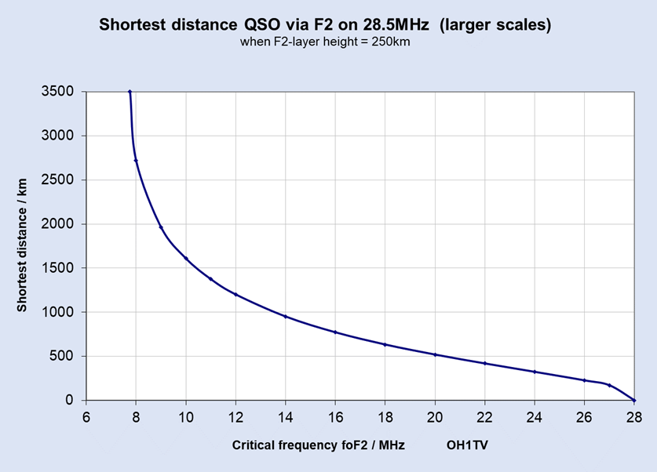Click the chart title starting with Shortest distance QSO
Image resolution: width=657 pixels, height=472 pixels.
click(x=325, y=25)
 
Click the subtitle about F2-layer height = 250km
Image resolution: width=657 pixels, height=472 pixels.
click(x=325, y=42)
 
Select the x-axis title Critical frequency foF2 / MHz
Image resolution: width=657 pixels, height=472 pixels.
click(x=319, y=445)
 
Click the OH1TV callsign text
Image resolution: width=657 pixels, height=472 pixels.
click(x=468, y=445)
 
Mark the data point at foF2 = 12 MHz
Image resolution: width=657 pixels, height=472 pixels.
click(x=235, y=295)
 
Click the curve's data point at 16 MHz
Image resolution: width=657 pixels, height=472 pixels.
click(x=335, y=332)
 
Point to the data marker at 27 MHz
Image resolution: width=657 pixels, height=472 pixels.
click(x=609, y=385)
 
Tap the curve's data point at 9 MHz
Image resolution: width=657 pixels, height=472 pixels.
click(x=161, y=227)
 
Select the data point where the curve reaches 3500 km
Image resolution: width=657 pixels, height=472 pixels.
click(x=130, y=92)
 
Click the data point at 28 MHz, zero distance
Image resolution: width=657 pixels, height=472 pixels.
click(x=633, y=400)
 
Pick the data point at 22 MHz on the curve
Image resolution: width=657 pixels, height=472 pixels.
click(x=485, y=363)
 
